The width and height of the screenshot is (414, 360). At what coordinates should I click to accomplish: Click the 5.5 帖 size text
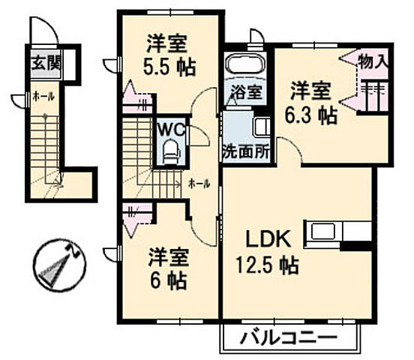tap(169, 67)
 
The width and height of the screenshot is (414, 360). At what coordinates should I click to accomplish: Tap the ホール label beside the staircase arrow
tap(199, 182)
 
